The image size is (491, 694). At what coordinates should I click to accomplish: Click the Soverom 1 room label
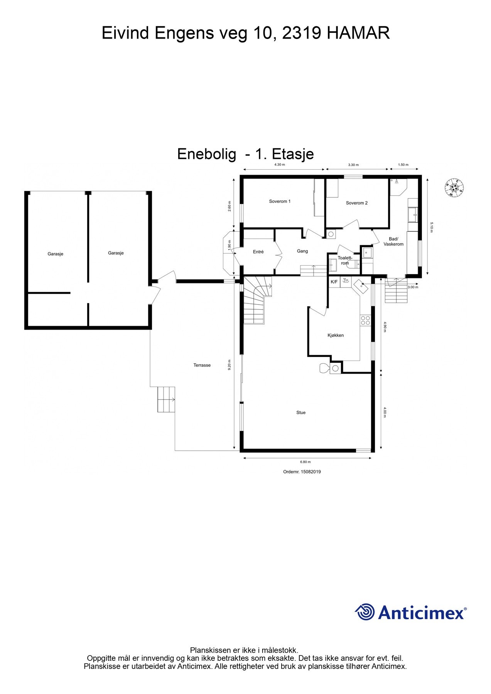coord(280,201)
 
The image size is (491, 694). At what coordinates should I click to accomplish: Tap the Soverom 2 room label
coord(357,203)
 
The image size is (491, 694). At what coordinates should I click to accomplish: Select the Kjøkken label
coord(336,335)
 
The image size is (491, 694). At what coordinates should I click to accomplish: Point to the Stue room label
coord(301,413)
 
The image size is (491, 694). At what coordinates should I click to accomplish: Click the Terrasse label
coord(202,365)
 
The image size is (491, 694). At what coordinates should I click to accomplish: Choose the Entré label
coord(258,252)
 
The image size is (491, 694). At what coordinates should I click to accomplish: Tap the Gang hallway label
coord(302,251)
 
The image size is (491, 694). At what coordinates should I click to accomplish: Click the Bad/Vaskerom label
coord(393,241)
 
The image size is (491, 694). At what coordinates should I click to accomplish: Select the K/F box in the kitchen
coord(334,282)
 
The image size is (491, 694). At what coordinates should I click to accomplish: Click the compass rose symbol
coord(454,188)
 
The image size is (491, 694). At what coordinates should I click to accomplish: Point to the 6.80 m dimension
coord(305,462)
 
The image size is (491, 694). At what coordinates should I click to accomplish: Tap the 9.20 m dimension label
coord(229,365)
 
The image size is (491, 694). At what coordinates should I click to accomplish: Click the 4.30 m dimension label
coord(280,165)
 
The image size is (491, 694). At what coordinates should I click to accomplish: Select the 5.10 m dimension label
coord(432,226)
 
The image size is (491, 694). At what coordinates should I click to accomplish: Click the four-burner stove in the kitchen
coord(365,320)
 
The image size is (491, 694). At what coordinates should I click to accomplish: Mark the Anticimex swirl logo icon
coord(365,612)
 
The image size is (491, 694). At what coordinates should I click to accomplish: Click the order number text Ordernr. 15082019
coord(302,472)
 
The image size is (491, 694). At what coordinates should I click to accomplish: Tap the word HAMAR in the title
coord(358,33)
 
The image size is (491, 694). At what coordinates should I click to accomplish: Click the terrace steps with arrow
coord(166,399)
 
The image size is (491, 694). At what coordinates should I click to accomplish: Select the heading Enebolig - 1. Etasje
coord(245,154)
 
